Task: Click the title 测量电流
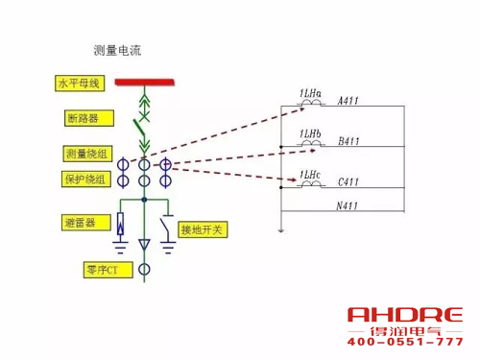click(x=118, y=48)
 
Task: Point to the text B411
click(x=348, y=143)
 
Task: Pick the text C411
click(x=348, y=181)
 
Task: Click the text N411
click(x=348, y=205)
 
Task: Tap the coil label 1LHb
click(x=310, y=132)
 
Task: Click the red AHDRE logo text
click(x=405, y=316)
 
